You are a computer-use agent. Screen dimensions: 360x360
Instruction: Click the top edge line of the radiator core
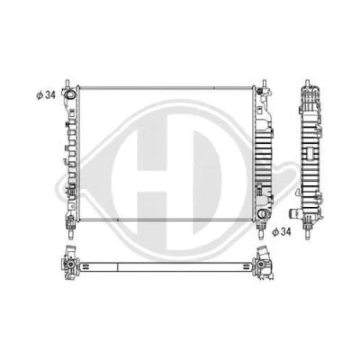166,87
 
